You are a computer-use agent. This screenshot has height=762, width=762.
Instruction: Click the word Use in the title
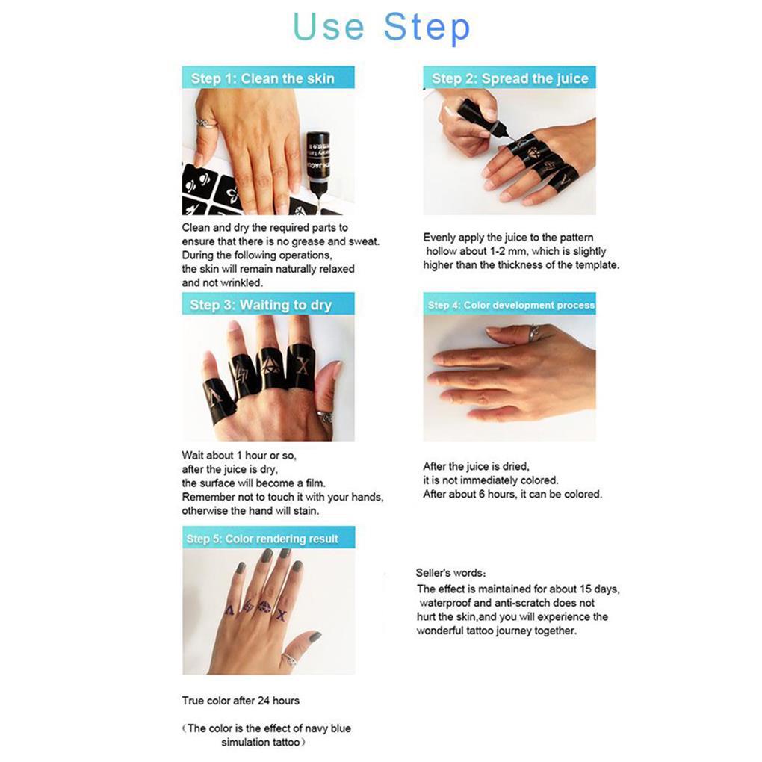point(329,26)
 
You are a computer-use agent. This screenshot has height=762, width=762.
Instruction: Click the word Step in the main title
point(427,28)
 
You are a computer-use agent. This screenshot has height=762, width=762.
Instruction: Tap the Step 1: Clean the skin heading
point(263,78)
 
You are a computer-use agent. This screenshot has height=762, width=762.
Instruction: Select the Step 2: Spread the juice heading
point(509,78)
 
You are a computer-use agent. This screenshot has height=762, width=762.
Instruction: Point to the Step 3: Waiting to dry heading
point(261,305)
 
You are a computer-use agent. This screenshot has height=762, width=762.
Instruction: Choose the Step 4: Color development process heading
point(511,305)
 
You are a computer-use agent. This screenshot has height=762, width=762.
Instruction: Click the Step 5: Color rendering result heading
point(262,539)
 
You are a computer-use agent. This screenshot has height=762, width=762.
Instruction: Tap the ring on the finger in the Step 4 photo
point(533,333)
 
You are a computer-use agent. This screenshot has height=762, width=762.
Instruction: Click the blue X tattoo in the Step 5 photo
point(281,616)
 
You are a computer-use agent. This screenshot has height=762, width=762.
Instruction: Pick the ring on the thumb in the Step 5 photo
point(290,660)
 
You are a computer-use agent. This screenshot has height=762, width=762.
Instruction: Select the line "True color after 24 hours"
point(241,700)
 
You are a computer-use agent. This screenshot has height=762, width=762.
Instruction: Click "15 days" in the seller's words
point(600,589)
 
